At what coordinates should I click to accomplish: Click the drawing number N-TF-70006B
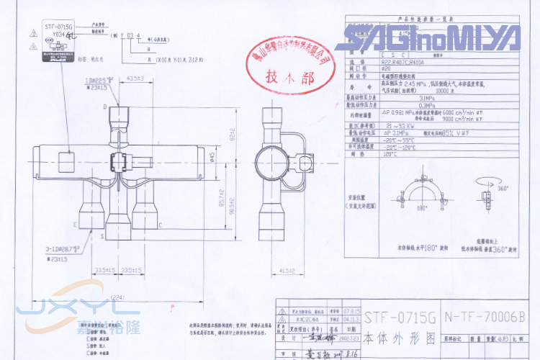(x=485, y=317)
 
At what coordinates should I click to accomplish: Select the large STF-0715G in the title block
(x=400, y=317)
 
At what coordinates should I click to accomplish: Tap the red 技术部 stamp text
(x=287, y=75)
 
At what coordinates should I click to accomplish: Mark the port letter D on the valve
(x=105, y=107)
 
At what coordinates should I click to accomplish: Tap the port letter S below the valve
(x=104, y=235)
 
